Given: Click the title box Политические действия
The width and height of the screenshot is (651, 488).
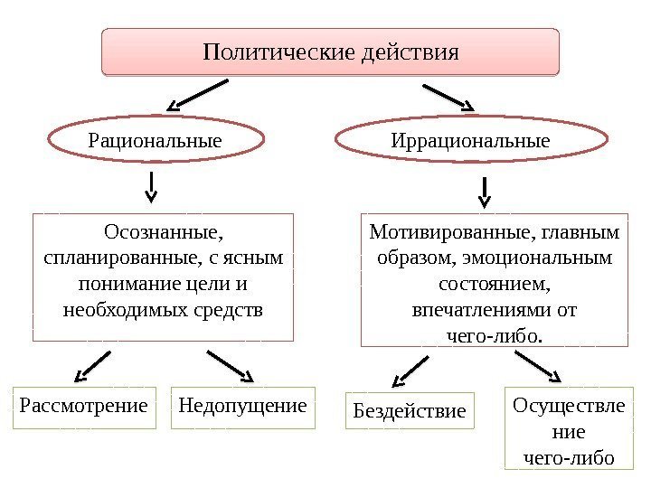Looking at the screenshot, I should point(331,51).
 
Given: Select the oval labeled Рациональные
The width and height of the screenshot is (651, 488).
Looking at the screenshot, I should point(155,141).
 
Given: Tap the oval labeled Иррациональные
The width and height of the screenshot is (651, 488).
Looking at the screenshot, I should point(470,141).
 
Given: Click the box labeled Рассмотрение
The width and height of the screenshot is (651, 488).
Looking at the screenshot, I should point(82,407).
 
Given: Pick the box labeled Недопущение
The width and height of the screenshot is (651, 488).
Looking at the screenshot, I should point(243,407).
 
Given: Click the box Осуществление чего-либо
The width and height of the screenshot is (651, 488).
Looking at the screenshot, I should point(568,430).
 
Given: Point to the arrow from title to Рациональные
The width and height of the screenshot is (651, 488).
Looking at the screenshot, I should point(199,95).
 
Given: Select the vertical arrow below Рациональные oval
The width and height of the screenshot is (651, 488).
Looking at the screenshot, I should point(151,187).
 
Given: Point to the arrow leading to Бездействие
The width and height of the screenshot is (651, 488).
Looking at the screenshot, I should point(410,370).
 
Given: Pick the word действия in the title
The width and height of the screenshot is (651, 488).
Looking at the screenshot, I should point(409,51).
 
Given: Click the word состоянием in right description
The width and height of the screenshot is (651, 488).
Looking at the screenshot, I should point(494,285).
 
